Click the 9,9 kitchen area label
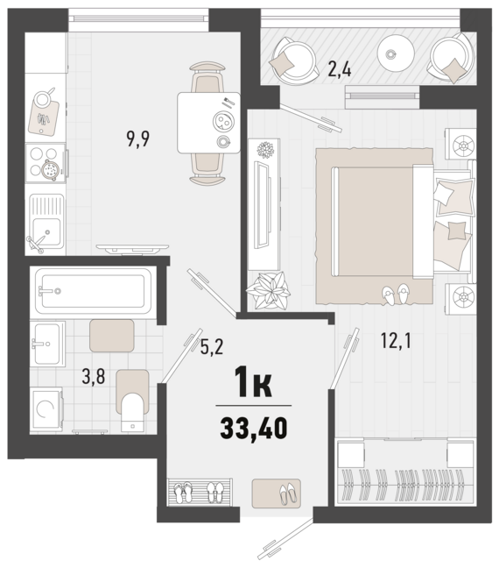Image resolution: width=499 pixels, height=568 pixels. coord(137,139)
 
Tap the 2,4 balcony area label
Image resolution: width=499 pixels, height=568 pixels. coord(339,69)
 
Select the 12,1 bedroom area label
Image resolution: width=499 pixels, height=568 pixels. coord(396,341)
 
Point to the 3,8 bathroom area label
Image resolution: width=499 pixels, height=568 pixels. coord(94,377)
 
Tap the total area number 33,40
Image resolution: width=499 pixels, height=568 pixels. coord(254,428)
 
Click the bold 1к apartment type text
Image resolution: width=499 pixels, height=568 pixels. coord(253,382)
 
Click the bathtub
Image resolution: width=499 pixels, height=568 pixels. coord(94,290)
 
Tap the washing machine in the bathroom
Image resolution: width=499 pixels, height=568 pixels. coord(46,409)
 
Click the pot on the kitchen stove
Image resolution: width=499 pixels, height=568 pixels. coord(50,169)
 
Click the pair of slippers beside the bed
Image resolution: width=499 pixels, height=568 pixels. coord(396,294)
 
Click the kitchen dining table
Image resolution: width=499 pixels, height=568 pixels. coord(208,123)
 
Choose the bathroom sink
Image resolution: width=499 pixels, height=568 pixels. coord(48,344)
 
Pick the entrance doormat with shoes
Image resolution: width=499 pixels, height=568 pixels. coord(277,493)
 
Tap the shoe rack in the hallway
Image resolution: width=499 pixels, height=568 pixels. coord(200,491)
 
